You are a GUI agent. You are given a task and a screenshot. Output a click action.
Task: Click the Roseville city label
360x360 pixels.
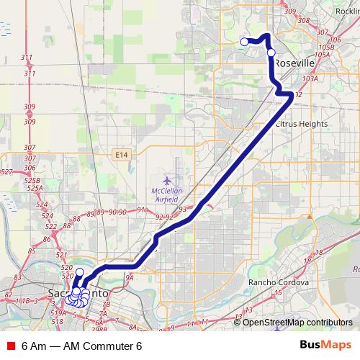pos(293,63)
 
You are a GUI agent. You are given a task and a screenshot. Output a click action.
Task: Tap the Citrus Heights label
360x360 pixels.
pos(301,124)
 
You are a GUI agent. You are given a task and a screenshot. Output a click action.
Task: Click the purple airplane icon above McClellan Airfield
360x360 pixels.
pos(168,179)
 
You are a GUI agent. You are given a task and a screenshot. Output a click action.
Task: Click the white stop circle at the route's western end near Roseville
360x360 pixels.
pos(244,42)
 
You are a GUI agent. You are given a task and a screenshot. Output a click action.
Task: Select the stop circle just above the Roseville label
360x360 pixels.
pos(271,52)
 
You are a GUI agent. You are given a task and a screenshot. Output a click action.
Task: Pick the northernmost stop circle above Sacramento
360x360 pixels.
pos(80,272)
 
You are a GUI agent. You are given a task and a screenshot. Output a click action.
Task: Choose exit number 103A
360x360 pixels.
pos(310,79)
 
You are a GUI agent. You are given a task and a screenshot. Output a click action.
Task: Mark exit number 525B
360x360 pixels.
pos(32,180)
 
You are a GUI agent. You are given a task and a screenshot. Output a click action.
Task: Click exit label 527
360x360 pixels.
pos(6,171)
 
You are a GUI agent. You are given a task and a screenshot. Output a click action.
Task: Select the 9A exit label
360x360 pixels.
pos(130,277)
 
